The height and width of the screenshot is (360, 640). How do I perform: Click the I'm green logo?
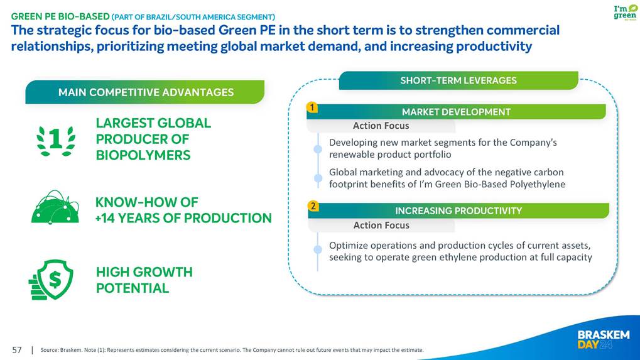coord(625,12)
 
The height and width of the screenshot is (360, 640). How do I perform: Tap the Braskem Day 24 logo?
coord(604,340)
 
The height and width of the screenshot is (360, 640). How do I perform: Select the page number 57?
coord(17,350)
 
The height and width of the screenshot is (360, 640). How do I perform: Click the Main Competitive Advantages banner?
coord(145,92)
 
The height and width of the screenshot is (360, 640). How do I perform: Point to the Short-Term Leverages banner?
coord(458,80)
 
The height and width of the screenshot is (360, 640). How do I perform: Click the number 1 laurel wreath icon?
coord(56,141)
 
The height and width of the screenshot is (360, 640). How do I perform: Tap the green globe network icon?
coord(55,207)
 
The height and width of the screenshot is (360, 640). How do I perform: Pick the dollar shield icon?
coord(51,280)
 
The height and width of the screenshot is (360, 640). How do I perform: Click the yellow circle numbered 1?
coord(312,107)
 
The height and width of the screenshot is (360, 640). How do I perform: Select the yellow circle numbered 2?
coord(313,206)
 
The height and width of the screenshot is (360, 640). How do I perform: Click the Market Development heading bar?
coord(456,112)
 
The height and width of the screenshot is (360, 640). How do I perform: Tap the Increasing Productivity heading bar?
coord(458,210)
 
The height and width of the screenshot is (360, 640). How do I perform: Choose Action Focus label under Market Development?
coord(381,126)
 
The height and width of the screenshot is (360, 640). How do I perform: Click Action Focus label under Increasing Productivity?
coord(381,226)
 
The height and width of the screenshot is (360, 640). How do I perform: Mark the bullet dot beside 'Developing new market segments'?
coord(318,149)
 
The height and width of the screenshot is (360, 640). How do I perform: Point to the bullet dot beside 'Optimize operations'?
coord(318,249)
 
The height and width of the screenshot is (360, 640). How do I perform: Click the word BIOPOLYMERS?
coord(143,155)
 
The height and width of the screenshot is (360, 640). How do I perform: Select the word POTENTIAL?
coord(133,288)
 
